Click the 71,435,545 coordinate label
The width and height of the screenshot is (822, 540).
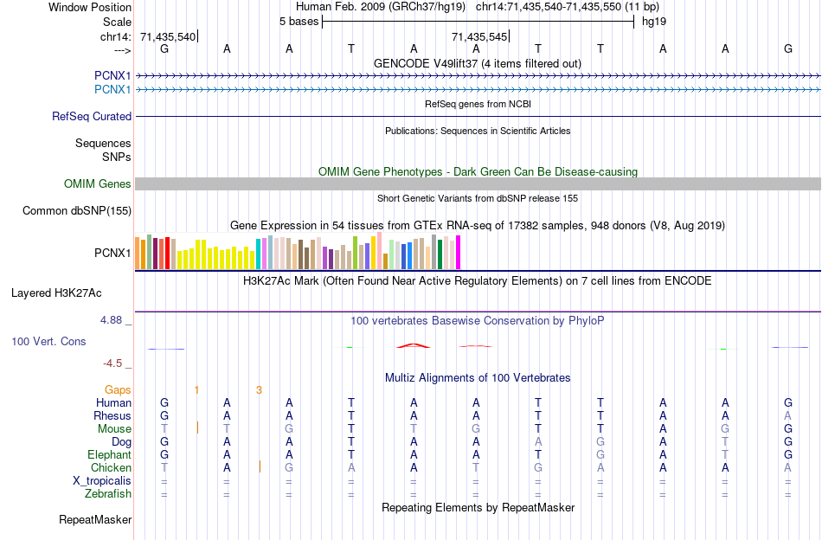pyautogui.click(x=479, y=36)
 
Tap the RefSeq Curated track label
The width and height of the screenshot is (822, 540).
pyautogui.click(x=92, y=116)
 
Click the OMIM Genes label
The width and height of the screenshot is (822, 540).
pyautogui.click(x=98, y=183)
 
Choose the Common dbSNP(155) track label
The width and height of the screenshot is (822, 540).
pyautogui.click(x=77, y=210)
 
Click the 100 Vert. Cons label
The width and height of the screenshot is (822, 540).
pyautogui.click(x=48, y=342)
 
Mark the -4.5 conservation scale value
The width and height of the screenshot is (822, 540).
pyautogui.click(x=115, y=363)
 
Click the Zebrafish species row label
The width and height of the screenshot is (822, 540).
pyautogui.click(x=108, y=494)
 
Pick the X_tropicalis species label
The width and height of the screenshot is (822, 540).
pyautogui.click(x=102, y=481)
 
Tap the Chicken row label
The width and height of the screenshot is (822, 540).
pyautogui.click(x=111, y=468)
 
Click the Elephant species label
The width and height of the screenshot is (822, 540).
pyautogui.click(x=109, y=455)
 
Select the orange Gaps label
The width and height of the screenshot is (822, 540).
pyautogui.click(x=118, y=390)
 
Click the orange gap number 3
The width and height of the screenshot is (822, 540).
pyautogui.click(x=259, y=390)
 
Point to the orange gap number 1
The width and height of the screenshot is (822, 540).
pyautogui.click(x=196, y=390)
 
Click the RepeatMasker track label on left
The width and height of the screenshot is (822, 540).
pyautogui.click(x=95, y=520)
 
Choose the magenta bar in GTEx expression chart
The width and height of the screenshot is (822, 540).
pyautogui.click(x=458, y=253)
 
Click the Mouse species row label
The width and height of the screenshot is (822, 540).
pyautogui.click(x=114, y=429)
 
